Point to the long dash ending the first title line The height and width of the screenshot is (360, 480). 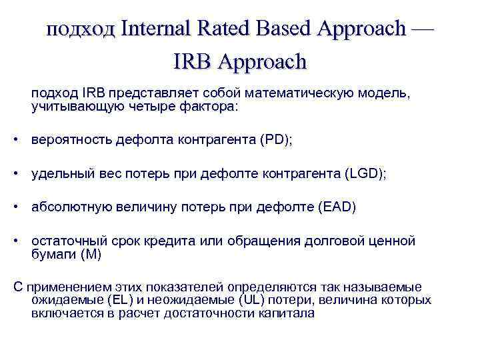coord(423,29)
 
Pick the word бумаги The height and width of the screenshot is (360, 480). coord(53,253)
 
